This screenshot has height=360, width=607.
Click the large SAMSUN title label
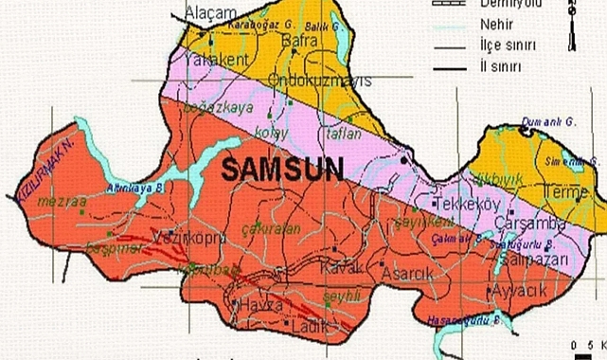(x=282, y=169)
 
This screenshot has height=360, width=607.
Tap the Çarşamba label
(x=532, y=225)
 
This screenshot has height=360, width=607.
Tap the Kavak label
(x=342, y=268)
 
